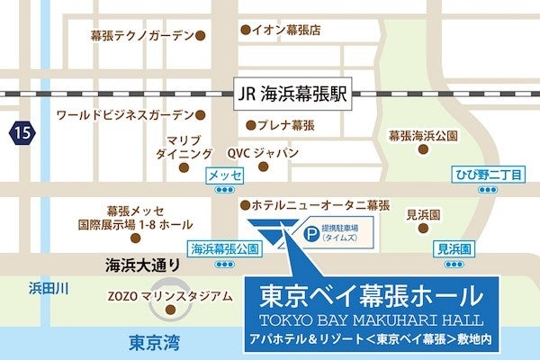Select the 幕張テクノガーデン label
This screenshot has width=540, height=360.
coord(142,36)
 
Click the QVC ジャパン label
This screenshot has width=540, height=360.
coord(263,153)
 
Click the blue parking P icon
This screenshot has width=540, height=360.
coord(311,232)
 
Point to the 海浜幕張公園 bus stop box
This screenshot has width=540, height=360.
coord(224,247)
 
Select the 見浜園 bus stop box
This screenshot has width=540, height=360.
coord(453,247)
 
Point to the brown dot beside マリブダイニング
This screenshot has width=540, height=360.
coord(184,167)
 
